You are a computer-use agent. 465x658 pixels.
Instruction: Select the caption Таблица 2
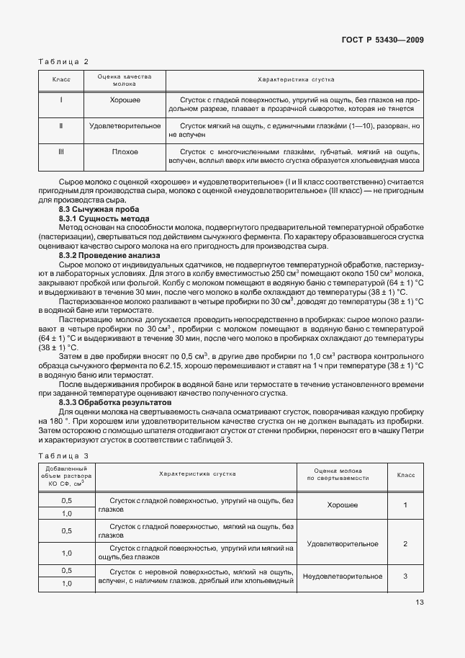pos(63,62)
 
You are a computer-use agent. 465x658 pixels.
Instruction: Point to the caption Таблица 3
pos(63,455)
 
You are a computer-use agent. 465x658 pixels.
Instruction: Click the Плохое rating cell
pos(125,152)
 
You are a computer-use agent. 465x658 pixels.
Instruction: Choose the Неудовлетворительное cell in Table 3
pos(342,577)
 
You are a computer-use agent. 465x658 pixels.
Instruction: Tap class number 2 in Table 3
pos(405,543)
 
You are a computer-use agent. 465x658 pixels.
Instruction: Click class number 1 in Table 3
pos(405,505)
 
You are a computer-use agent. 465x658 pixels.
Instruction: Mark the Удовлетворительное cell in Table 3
pos(342,543)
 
